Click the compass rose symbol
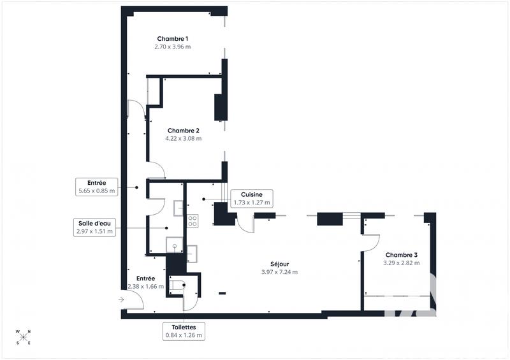click(x=24, y=337)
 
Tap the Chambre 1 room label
click(x=172, y=40)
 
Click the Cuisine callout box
click(x=252, y=198)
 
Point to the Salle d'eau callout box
click(x=94, y=227)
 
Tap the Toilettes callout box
click(x=184, y=331)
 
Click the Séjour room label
click(x=279, y=263)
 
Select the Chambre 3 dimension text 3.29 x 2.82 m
click(x=401, y=263)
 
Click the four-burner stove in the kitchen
click(x=192, y=221)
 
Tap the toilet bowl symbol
click(x=175, y=286)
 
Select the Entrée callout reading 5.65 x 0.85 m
click(x=97, y=186)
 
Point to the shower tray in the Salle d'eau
click(x=174, y=245)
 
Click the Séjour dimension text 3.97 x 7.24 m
click(x=279, y=271)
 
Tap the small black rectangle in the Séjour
click(x=222, y=293)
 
